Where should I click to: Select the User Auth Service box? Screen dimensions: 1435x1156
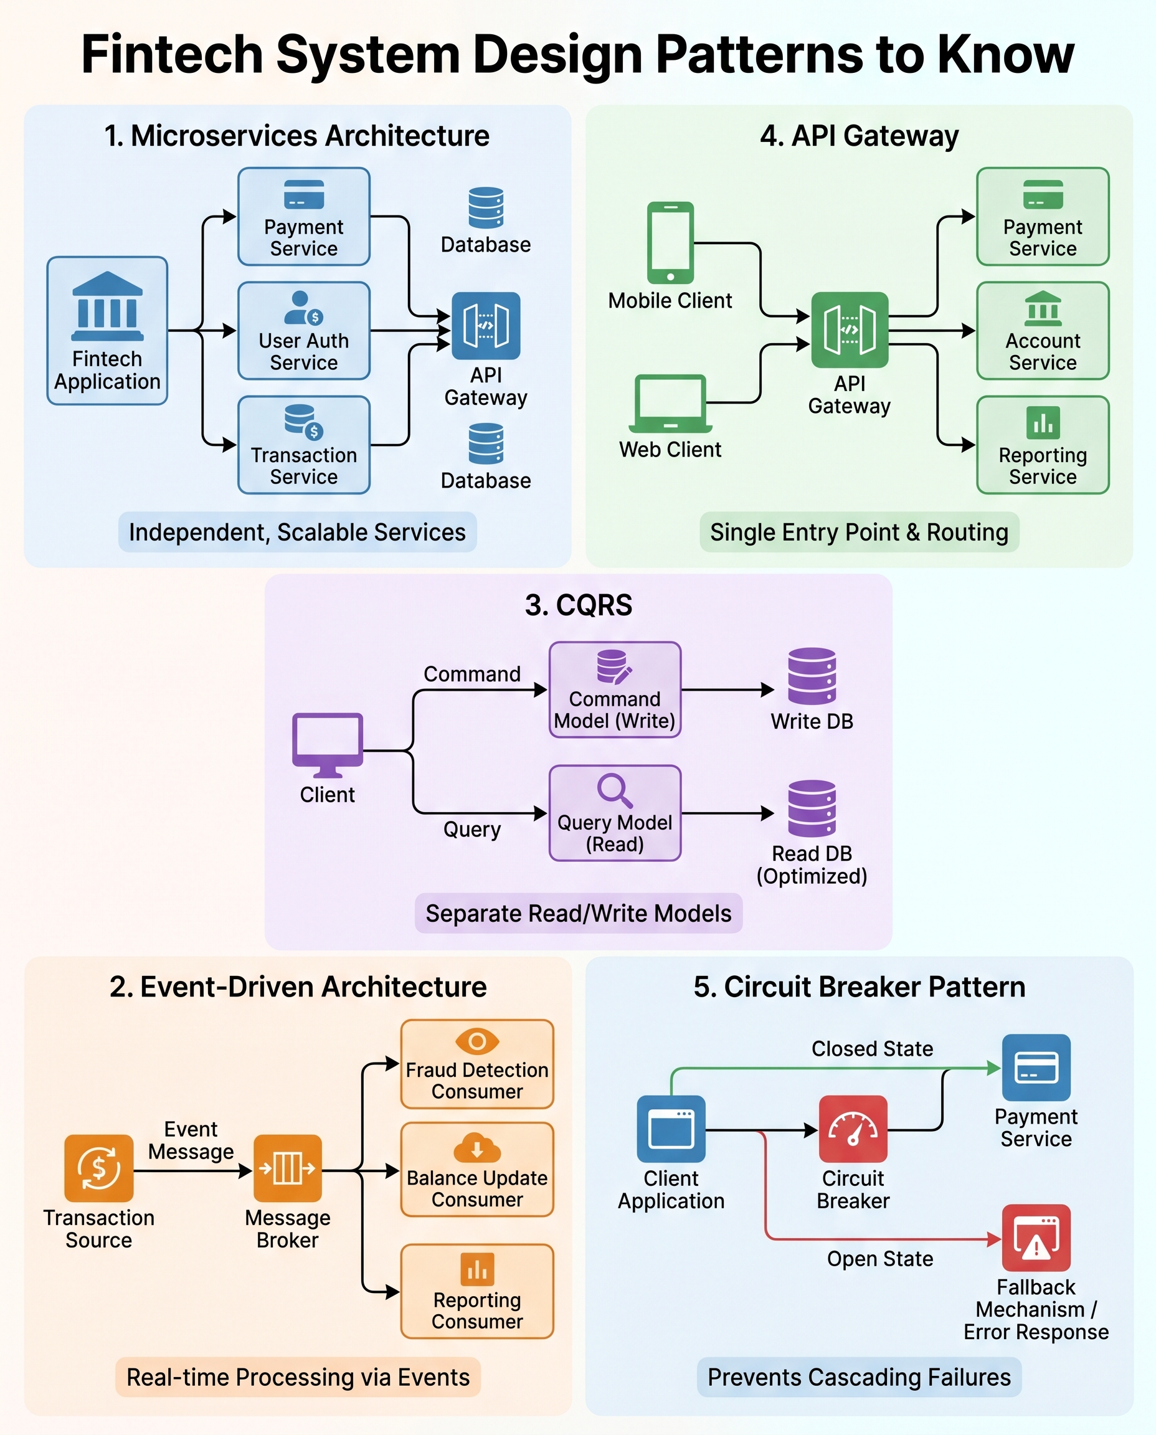click(304, 331)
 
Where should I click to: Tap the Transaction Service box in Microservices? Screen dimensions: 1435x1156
click(304, 445)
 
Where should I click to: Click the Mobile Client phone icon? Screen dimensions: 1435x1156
click(670, 243)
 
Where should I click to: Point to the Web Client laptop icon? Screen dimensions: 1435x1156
click(670, 403)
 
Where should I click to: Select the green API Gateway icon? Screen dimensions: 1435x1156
click(849, 329)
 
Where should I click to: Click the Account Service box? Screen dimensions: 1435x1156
click(1042, 331)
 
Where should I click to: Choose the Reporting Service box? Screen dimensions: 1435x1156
click(1042, 445)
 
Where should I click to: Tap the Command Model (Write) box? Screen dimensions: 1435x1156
click(614, 689)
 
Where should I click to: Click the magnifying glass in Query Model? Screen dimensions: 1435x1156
click(614, 790)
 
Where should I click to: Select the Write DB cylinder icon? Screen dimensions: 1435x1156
click(811, 676)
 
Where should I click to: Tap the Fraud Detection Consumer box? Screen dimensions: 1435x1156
click(476, 1064)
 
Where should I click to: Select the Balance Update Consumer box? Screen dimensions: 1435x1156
click(476, 1170)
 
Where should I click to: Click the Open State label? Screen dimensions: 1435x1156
click(879, 1259)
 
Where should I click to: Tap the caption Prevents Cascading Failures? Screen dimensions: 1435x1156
click(858, 1377)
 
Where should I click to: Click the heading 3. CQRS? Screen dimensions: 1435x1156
click(578, 605)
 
